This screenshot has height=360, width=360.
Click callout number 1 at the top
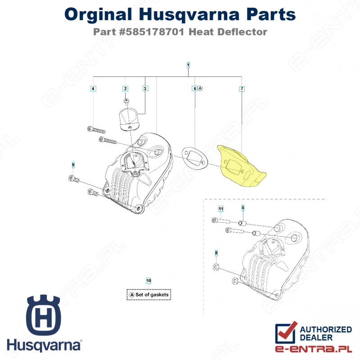(x=188, y=65)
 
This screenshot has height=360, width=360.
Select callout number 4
(x=93, y=89)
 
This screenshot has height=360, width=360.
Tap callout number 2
(x=125, y=89)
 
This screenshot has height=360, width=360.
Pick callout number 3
(x=145, y=88)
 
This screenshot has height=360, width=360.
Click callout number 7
(x=242, y=89)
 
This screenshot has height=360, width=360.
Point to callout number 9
(x=73, y=165)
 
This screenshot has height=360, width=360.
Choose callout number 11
(x=220, y=209)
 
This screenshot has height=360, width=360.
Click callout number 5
(x=243, y=208)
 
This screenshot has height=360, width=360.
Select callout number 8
(x=216, y=253)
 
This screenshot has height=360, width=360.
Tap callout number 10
(x=148, y=280)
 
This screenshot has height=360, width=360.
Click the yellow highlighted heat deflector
(x=241, y=166)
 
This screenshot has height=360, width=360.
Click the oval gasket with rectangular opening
(x=194, y=159)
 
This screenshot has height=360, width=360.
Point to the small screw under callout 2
(x=126, y=101)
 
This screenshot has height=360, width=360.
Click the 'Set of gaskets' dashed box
(x=149, y=295)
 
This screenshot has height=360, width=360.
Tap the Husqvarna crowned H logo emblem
(x=43, y=315)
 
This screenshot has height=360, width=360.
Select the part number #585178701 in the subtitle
(x=152, y=32)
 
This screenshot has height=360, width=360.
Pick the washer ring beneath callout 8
(x=216, y=267)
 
